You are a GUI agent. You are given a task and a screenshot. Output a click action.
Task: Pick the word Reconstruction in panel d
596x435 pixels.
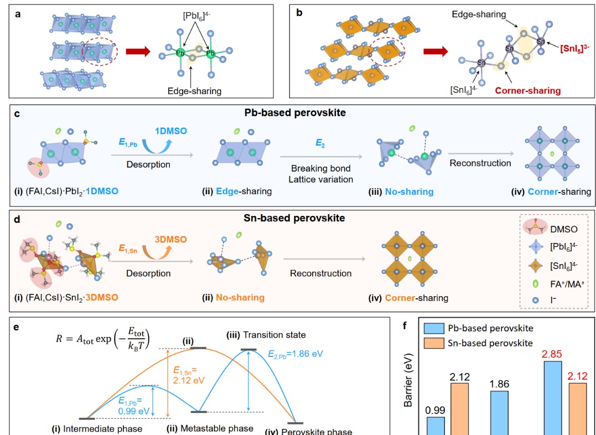pos(323,273)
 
